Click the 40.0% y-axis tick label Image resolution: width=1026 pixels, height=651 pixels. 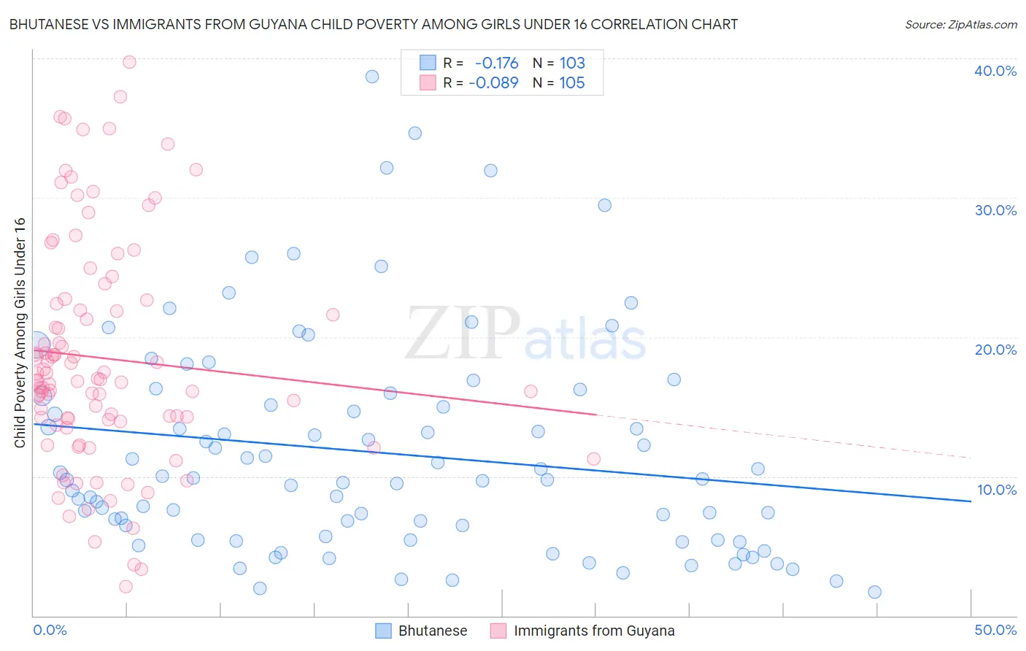(995, 71)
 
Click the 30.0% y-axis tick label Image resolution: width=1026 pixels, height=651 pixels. (995, 210)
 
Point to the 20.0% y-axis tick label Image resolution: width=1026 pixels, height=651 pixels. (995, 350)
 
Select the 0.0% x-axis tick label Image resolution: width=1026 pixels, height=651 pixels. (50, 630)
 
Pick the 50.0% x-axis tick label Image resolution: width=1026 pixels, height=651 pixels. (995, 630)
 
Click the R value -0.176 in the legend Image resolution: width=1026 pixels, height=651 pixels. (496, 63)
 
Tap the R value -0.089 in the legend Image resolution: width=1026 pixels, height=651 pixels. (493, 82)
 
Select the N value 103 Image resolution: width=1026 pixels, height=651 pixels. (572, 63)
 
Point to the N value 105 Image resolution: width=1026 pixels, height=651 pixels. (572, 82)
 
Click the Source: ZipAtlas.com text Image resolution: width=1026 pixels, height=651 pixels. (960, 25)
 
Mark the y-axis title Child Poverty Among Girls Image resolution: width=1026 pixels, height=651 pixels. (20, 333)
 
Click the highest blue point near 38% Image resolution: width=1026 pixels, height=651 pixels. (372, 77)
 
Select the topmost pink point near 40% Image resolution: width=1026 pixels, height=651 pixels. (129, 62)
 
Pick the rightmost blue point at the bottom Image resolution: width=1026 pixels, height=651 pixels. (874, 592)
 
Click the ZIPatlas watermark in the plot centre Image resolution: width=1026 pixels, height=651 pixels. (525, 334)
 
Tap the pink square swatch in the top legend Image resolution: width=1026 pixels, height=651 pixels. (428, 82)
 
